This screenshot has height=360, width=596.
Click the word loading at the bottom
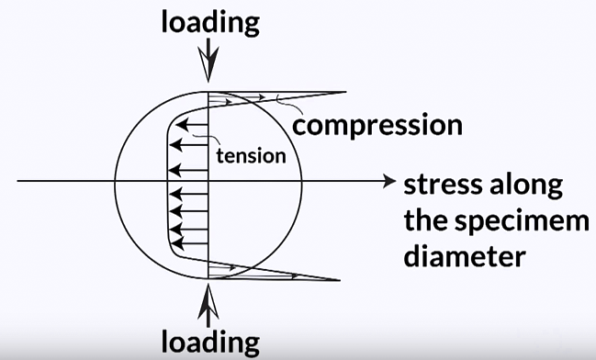(210, 341)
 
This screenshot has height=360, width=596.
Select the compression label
(377, 125)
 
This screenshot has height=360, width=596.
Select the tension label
(251, 155)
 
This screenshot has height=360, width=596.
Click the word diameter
(464, 255)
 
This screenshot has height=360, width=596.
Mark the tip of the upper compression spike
(344, 92)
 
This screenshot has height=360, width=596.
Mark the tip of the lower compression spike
(342, 279)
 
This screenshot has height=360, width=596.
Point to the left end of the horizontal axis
(18, 181)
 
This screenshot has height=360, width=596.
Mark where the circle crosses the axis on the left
(114, 181)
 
